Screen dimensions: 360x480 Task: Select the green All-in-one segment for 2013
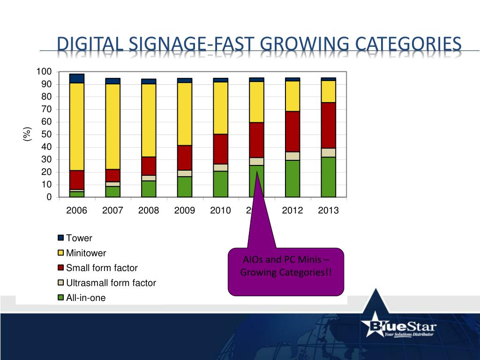(328, 177)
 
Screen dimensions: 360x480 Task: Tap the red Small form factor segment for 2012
(292, 131)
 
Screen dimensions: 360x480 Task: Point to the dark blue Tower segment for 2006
(76, 78)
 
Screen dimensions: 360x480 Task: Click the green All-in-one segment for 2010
(220, 184)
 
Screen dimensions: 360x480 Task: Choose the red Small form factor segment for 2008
(149, 166)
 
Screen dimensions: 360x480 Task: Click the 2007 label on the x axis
(112, 210)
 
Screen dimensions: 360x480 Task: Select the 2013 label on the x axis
(328, 210)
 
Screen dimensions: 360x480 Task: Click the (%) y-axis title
(27, 135)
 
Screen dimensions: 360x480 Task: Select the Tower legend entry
(79, 238)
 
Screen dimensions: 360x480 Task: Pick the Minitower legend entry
(86, 253)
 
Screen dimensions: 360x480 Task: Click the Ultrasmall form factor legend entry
(111, 283)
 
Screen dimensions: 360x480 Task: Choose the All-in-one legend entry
(86, 298)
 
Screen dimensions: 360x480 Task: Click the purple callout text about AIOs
(286, 266)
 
